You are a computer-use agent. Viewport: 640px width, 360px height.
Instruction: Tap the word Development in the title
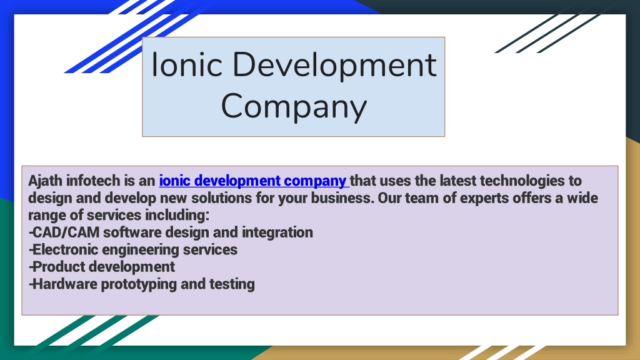(331, 66)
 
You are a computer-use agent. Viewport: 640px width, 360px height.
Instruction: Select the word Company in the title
(293, 106)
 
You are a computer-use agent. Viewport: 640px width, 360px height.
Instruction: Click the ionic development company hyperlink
(253, 181)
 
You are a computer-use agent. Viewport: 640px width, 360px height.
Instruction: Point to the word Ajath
(45, 181)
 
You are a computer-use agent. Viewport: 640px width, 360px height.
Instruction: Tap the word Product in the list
(58, 267)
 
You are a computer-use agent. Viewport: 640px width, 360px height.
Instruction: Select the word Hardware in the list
(62, 284)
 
